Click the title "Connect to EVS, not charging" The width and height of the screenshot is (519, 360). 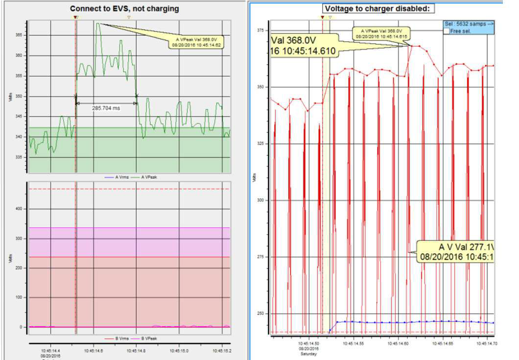[124, 8]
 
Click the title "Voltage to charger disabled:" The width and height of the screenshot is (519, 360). [378, 8]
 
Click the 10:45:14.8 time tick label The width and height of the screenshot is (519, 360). [136, 351]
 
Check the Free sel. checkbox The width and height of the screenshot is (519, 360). [446, 31]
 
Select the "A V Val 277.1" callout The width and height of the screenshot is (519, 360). [455, 251]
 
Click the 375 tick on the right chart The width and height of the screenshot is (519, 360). [260, 30]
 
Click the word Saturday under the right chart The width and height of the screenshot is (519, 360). [309, 354]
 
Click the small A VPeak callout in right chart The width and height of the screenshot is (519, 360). [382, 34]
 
